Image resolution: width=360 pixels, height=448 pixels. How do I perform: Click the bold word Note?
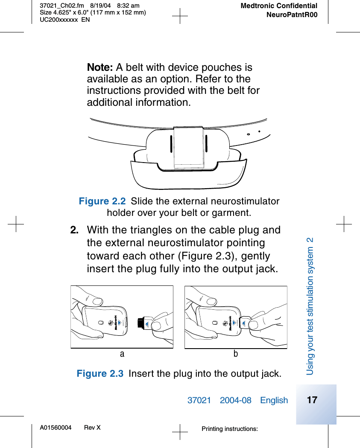[100, 67]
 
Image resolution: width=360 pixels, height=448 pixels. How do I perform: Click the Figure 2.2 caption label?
[102, 201]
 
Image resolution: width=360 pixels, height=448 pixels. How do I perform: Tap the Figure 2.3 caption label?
[100, 374]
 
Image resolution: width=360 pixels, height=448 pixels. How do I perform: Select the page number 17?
[312, 400]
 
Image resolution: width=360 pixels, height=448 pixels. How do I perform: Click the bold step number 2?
[74, 230]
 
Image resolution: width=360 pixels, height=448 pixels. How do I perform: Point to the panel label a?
[122, 354]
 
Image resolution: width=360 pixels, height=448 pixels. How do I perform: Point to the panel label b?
[235, 354]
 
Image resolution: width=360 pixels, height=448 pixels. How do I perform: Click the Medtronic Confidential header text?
[278, 6]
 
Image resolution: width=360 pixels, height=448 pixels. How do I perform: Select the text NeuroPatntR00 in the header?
[292, 15]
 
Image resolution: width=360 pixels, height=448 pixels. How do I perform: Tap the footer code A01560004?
[56, 428]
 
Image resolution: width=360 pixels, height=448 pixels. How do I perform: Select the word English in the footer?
[274, 400]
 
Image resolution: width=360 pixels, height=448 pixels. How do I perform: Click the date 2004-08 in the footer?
[235, 400]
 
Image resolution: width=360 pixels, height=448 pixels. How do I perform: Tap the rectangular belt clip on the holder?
[188, 146]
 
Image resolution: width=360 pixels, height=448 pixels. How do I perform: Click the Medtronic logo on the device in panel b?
[230, 323]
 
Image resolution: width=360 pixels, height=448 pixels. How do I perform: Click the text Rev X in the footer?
[92, 428]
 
